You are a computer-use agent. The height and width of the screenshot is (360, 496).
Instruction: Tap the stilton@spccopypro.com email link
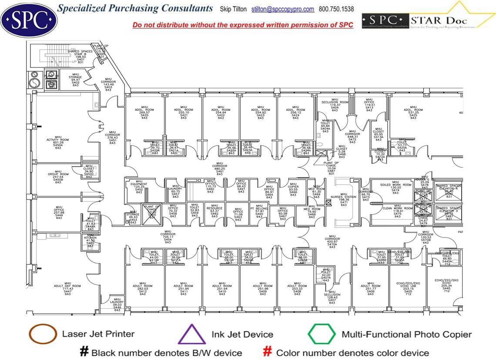pyautogui.click(x=283, y=9)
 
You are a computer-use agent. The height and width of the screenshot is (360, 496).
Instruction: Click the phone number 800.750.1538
pyautogui.click(x=336, y=9)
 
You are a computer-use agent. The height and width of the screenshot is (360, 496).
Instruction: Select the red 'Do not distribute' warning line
pyautogui.click(x=243, y=25)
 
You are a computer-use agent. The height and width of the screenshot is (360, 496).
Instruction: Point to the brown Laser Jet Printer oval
pyautogui.click(x=43, y=334)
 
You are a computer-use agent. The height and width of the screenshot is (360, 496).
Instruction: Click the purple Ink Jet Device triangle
pyautogui.click(x=191, y=334)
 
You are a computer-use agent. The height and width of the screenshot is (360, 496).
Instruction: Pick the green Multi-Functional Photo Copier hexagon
pyautogui.click(x=322, y=334)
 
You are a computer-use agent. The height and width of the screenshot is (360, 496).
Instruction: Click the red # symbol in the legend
pyautogui.click(x=268, y=351)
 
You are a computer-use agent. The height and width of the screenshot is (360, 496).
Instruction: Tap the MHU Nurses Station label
pyautogui.click(x=344, y=200)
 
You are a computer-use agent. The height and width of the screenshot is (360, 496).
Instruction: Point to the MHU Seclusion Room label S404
pyautogui.click(x=335, y=105)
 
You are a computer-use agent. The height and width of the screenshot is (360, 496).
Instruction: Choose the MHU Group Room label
pyautogui.click(x=58, y=177)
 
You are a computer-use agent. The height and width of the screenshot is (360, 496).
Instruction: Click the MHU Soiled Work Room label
pyautogui.click(x=395, y=187)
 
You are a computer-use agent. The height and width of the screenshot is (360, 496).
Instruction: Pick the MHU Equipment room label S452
pyautogui.click(x=139, y=187)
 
